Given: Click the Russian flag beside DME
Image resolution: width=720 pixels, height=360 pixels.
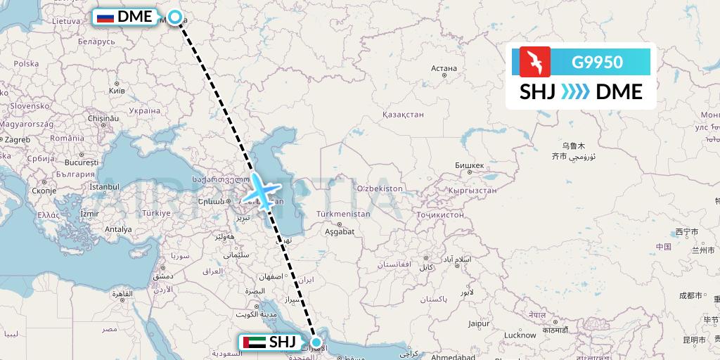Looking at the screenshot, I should pos(105,17).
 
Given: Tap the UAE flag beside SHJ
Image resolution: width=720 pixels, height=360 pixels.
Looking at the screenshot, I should pos(255,342).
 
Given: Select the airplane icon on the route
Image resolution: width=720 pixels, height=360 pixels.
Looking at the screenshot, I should pos(261,188).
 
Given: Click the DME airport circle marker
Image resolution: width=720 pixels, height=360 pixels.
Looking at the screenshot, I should pos(174,18).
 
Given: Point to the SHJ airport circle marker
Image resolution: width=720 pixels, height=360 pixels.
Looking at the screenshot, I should pos(316,343).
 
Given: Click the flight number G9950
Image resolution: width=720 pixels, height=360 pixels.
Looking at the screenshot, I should pos(597,62).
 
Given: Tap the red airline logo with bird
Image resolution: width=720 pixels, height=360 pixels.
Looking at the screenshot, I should pos(534,62).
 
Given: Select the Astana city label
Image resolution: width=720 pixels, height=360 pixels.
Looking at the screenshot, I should pos(444,69).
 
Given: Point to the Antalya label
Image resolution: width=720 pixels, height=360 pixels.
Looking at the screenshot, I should pos(117,229).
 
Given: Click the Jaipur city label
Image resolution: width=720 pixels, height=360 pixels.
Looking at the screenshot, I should pos(479,323).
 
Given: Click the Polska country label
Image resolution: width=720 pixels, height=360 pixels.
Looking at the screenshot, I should pos(26,63).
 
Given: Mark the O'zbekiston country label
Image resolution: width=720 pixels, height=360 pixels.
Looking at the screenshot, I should pos(380,188).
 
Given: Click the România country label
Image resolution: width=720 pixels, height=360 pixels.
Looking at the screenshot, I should pos(67,138).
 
